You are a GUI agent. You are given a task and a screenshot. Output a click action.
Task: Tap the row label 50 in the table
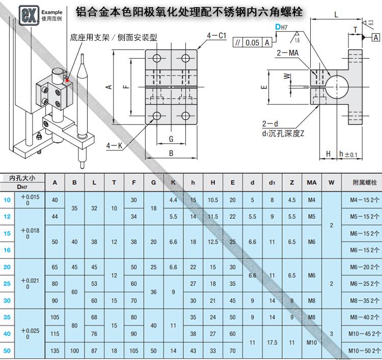[x=7, y=351]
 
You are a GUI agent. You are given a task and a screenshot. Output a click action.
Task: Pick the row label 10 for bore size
[x=7, y=200]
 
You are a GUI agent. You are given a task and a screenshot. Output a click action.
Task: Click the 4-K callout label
[x=115, y=146]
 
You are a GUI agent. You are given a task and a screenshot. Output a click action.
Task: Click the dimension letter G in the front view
[x=171, y=139]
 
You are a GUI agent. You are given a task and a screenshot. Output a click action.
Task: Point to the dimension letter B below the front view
[x=171, y=153]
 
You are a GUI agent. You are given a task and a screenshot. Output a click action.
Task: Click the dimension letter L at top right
[x=336, y=15]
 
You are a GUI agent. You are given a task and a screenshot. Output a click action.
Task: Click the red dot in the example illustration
[x=66, y=79]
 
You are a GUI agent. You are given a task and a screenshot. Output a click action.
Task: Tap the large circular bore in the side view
[x=337, y=85]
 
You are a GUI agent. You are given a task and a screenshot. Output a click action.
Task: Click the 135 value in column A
[x=54, y=351]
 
